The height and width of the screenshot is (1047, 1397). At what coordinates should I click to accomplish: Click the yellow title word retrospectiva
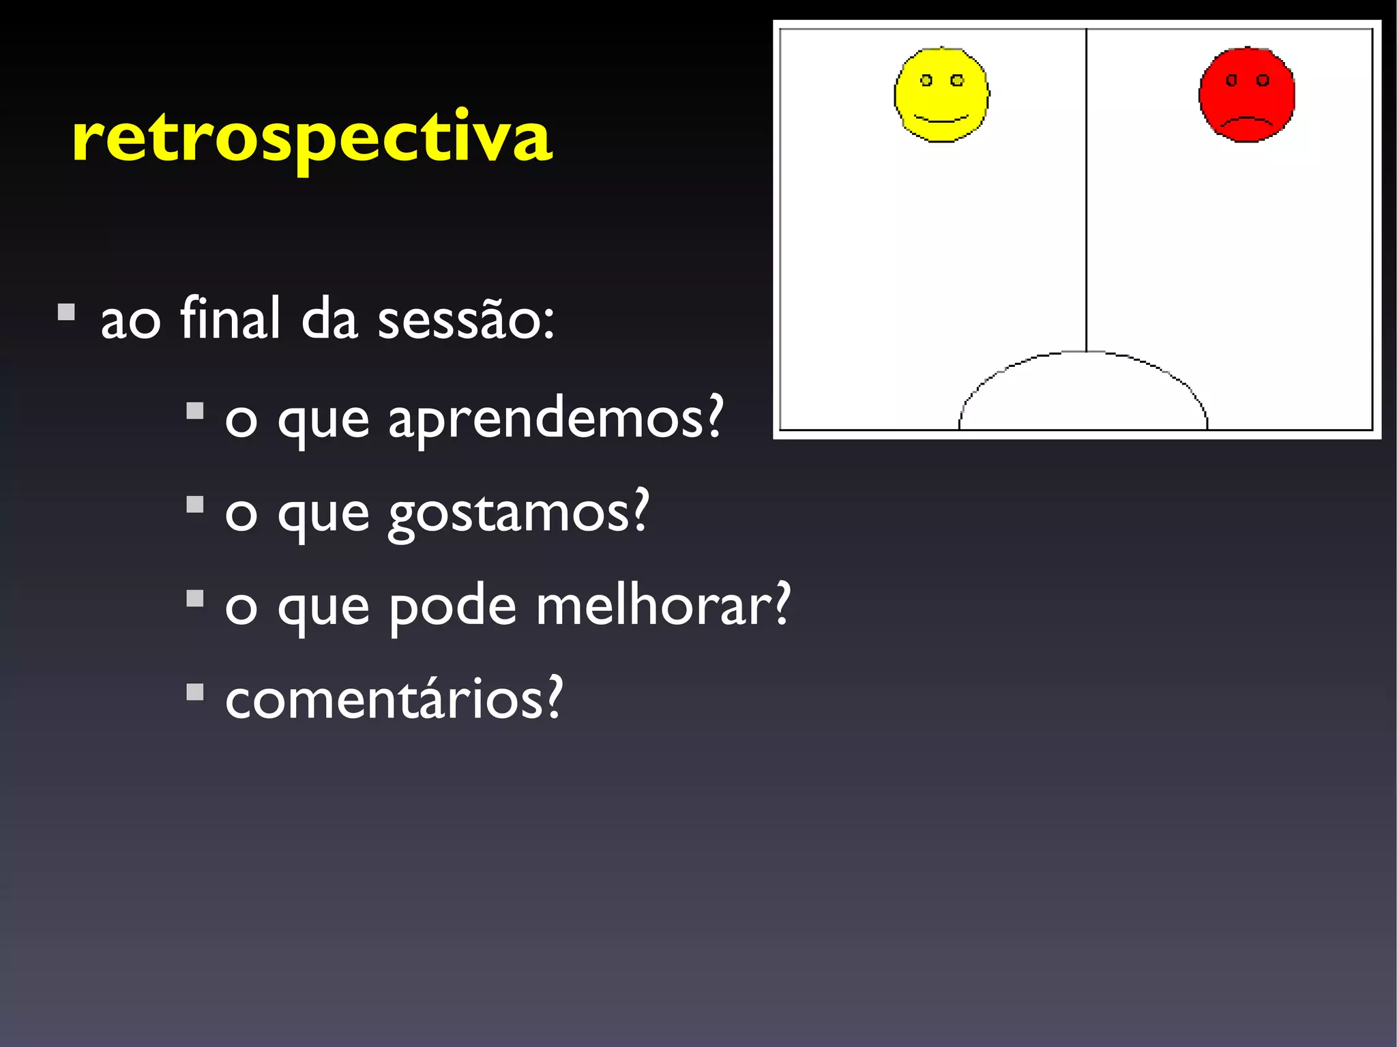312,138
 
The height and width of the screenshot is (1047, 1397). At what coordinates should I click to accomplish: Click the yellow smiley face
941,95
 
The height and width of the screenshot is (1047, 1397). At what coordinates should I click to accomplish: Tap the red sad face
1247,95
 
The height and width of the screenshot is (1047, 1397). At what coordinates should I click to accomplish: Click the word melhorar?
662,606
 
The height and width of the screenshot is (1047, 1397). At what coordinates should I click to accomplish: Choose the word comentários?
394,699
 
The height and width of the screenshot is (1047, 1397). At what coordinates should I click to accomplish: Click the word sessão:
466,319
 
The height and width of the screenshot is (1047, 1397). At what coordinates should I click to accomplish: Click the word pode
452,606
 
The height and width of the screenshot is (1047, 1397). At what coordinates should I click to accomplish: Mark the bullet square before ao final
66,312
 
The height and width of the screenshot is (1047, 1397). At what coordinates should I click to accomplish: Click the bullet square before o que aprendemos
195,411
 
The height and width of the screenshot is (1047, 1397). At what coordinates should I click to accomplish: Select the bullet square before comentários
195,692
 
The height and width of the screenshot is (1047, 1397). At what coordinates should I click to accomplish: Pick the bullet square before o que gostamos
195,505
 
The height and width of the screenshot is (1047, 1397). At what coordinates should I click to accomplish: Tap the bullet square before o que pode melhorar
195,598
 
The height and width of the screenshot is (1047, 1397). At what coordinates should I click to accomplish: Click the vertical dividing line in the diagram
1086,191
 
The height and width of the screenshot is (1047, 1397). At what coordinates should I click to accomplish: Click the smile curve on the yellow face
941,120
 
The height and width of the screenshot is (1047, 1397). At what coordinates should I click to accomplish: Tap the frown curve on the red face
1247,121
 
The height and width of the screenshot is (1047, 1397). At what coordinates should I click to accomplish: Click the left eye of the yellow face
926,80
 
